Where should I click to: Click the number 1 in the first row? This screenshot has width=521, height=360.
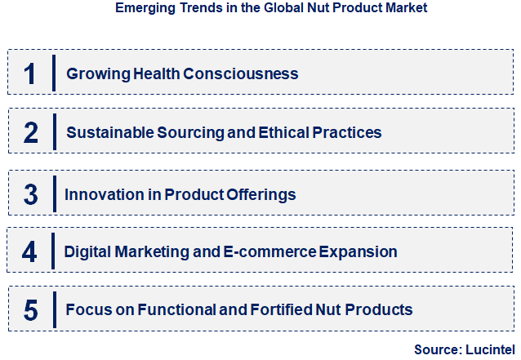point(30,73)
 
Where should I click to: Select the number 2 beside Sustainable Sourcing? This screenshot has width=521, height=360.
point(30,132)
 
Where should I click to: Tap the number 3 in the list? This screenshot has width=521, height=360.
point(30,194)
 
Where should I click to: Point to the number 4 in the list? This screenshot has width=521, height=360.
point(30,251)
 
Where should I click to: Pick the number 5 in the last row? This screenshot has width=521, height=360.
point(30,310)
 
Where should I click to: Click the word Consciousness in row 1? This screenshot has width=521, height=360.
point(241,73)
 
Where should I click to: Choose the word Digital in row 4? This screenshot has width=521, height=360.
point(91,251)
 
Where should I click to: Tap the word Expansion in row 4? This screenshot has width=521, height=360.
point(358,251)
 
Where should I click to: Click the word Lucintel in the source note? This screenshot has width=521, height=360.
point(487,349)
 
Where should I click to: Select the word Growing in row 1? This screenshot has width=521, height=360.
point(94,73)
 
